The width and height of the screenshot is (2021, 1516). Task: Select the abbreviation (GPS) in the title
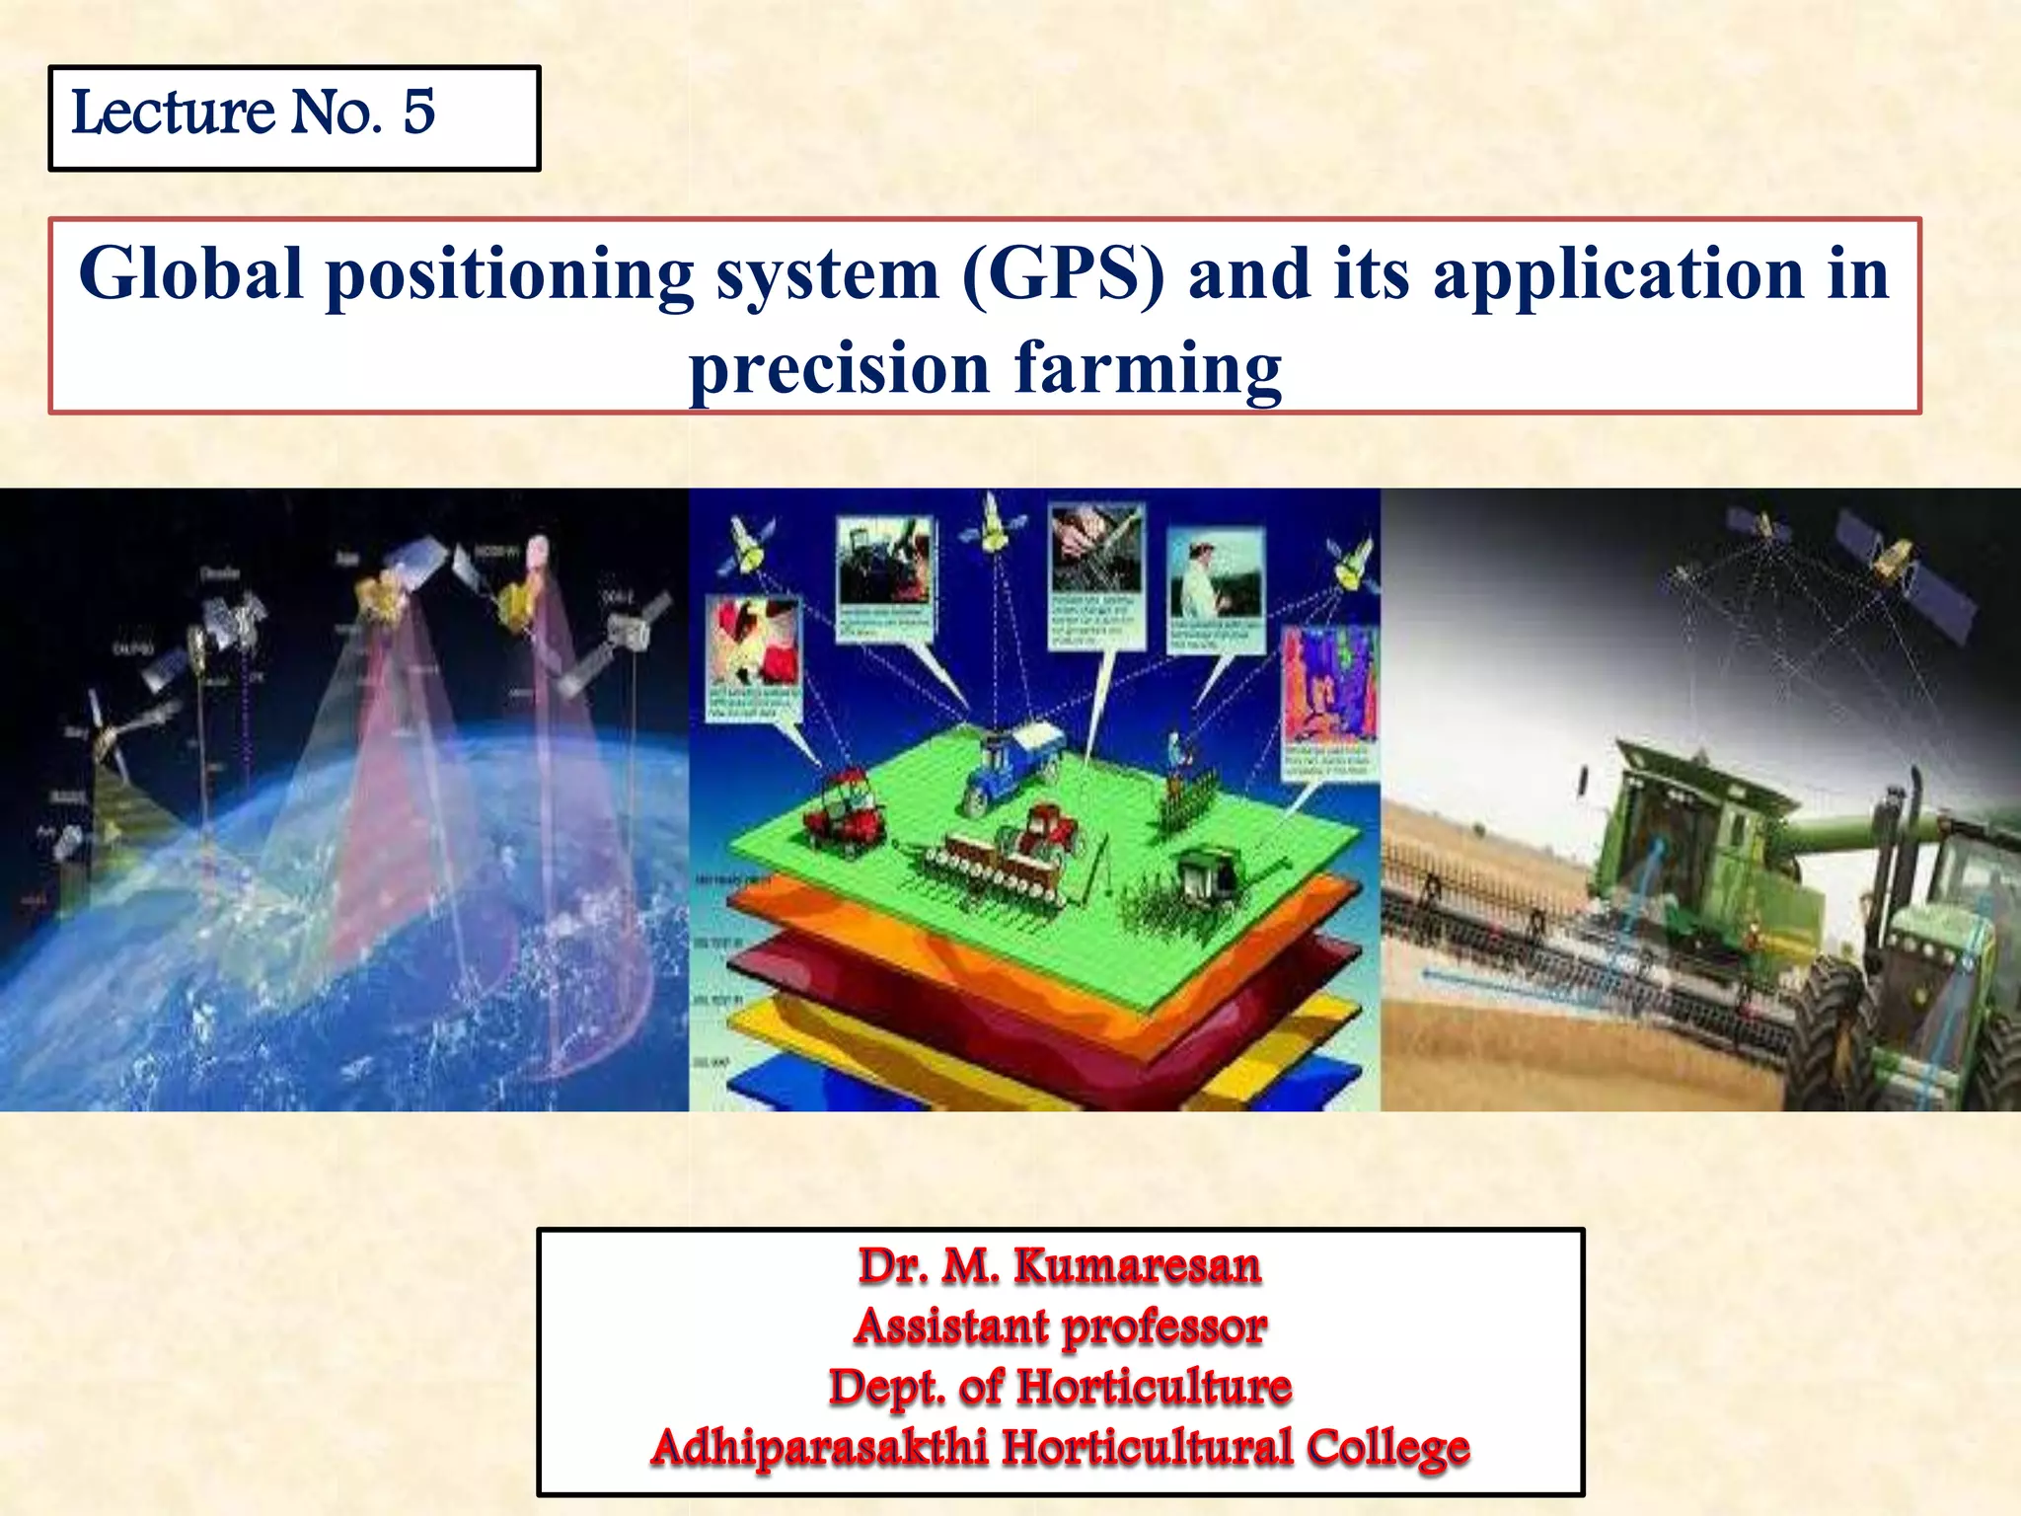1063,273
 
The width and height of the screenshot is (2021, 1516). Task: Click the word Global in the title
190,273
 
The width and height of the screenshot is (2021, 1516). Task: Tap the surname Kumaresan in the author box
1137,1266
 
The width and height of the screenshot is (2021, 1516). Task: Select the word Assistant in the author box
951,1326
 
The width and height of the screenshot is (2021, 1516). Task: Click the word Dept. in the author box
886,1388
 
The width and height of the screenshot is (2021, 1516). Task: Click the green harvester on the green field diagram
1209,873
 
